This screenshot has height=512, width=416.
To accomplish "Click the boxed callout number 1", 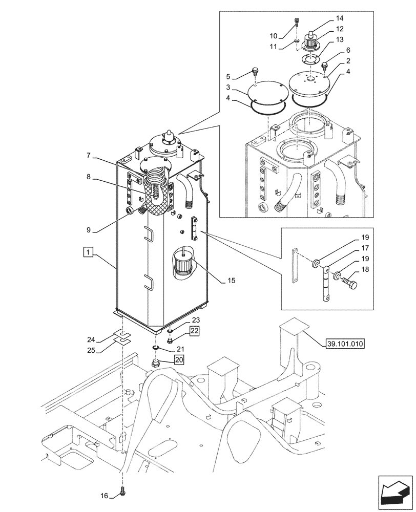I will (88, 252).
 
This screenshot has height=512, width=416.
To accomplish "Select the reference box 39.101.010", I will (344, 344).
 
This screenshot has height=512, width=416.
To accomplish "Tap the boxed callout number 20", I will (179, 360).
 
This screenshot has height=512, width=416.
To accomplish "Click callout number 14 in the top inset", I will (340, 18).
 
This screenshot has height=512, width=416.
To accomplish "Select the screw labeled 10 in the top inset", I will (297, 22).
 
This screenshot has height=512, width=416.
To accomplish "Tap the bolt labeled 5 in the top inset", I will (255, 70).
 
